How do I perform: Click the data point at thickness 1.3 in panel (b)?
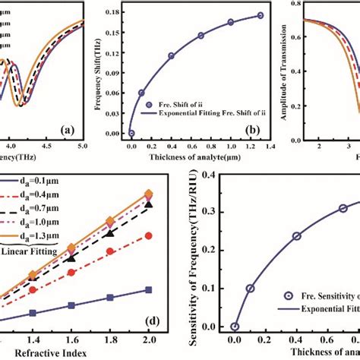pyautogui.click(x=260, y=15)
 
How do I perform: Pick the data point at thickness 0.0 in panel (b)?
pyautogui.click(x=131, y=133)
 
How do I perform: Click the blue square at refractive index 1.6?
pyautogui.click(x=71, y=305)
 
